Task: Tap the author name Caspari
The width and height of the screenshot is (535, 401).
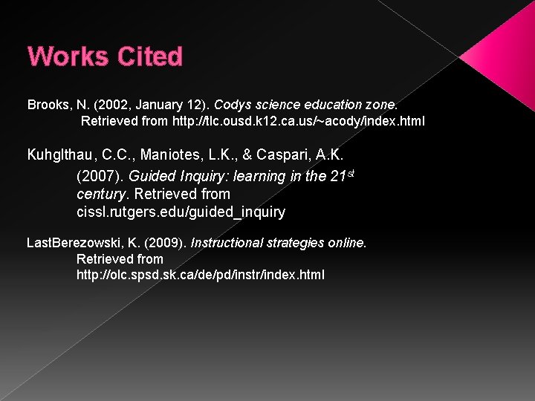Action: pyautogui.click(x=285, y=156)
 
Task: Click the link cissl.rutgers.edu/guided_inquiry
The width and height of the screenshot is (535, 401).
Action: pyautogui.click(x=181, y=212)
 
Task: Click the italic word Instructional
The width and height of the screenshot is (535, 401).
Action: pyautogui.click(x=228, y=243)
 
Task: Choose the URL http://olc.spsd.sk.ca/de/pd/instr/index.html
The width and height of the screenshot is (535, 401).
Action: pyautogui.click(x=201, y=275)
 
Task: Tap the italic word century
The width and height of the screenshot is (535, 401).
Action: pyautogui.click(x=102, y=195)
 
